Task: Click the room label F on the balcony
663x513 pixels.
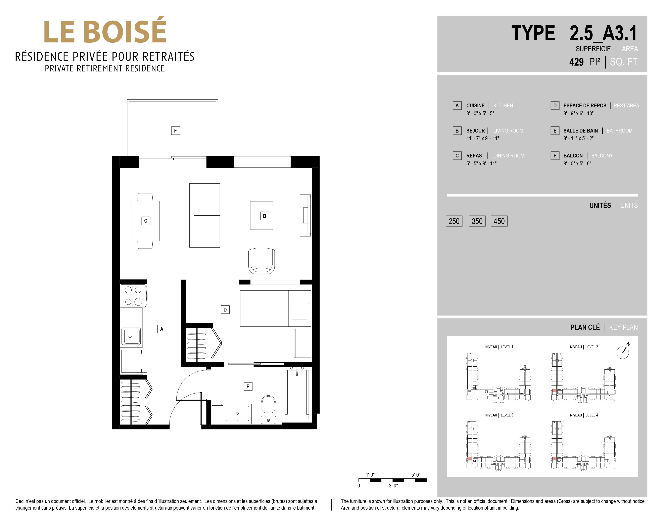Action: click(176, 131)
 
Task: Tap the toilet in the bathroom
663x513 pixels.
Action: click(268, 409)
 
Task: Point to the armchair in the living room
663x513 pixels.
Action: click(262, 261)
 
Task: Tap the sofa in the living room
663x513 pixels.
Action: click(205, 215)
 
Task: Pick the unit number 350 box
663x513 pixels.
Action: click(477, 221)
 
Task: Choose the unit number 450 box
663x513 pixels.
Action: click(499, 221)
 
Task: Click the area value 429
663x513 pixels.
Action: click(576, 62)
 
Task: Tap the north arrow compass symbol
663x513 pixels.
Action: click(623, 352)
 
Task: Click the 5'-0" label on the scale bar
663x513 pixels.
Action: click(416, 475)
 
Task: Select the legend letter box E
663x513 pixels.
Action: click(555, 131)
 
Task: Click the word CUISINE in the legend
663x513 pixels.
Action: click(475, 105)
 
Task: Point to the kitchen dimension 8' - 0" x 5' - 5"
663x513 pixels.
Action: click(480, 113)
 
